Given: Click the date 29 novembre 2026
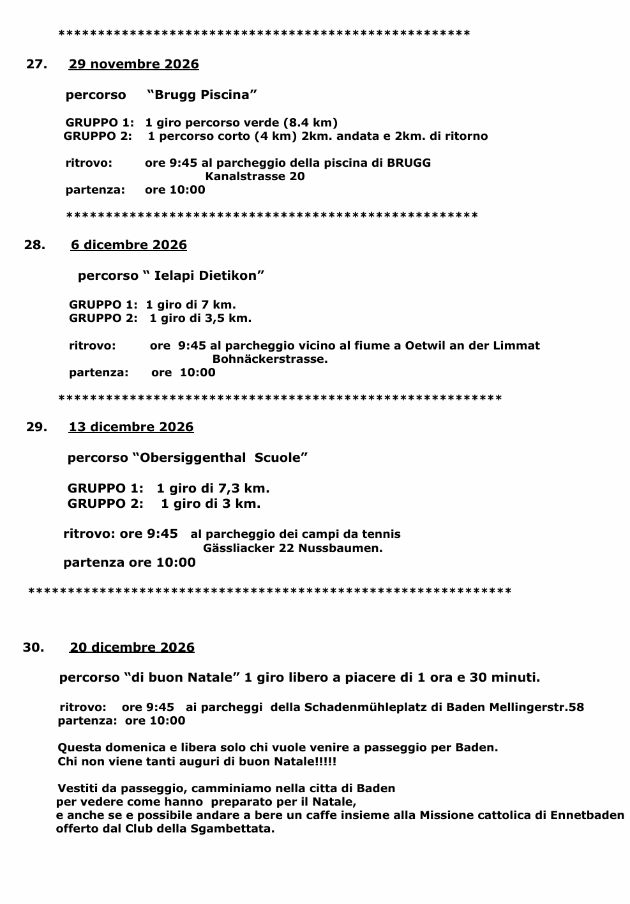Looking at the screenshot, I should pyautogui.click(x=133, y=64).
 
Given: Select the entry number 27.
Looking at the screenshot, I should pyautogui.click(x=36, y=64).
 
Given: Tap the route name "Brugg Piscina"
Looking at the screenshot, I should pyautogui.click(x=202, y=95).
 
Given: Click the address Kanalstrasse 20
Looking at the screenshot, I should pyautogui.click(x=255, y=176).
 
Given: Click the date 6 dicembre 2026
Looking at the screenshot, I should pyautogui.click(x=128, y=245).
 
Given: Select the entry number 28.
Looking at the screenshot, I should pyautogui.click(x=34, y=245).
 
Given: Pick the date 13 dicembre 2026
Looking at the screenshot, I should pyautogui.click(x=131, y=427).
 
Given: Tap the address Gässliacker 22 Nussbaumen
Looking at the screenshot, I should pyautogui.click(x=292, y=548).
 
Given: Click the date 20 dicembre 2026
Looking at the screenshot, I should pyautogui.click(x=131, y=647).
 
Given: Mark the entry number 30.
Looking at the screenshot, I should pyautogui.click(x=33, y=647).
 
